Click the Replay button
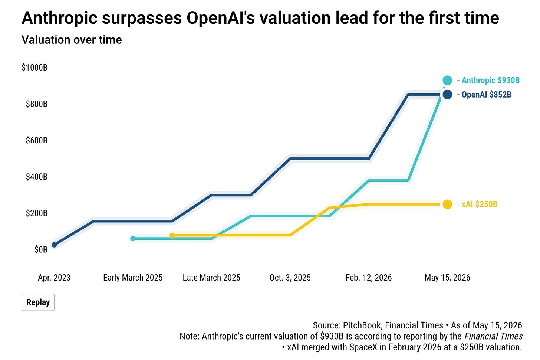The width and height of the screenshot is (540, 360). (38, 302)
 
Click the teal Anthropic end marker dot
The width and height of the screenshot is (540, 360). (447, 80)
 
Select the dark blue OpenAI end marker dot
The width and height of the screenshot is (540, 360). (447, 94)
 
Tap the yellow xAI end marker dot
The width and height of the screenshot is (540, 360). (447, 204)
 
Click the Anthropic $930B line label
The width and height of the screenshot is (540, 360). (491, 80)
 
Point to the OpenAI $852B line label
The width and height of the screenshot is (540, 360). (487, 94)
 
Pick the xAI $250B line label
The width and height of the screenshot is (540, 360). (479, 204)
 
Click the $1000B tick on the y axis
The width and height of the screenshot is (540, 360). (34, 67)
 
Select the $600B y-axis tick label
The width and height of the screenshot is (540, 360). (37, 140)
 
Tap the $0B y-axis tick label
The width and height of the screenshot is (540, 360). (41, 249)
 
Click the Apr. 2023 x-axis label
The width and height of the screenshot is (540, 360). (54, 278)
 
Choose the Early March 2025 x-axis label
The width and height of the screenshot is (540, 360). (133, 278)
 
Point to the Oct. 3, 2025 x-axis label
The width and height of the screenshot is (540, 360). (290, 278)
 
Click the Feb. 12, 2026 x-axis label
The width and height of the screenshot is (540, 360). (369, 278)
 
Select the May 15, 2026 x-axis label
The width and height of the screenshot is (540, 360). (447, 278)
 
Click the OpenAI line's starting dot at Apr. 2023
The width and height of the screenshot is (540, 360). (54, 245)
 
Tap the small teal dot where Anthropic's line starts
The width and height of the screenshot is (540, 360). (133, 238)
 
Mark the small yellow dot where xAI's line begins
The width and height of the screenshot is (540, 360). (172, 235)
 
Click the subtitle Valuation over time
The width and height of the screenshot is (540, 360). (72, 40)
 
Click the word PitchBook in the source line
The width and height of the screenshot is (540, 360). (362, 325)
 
